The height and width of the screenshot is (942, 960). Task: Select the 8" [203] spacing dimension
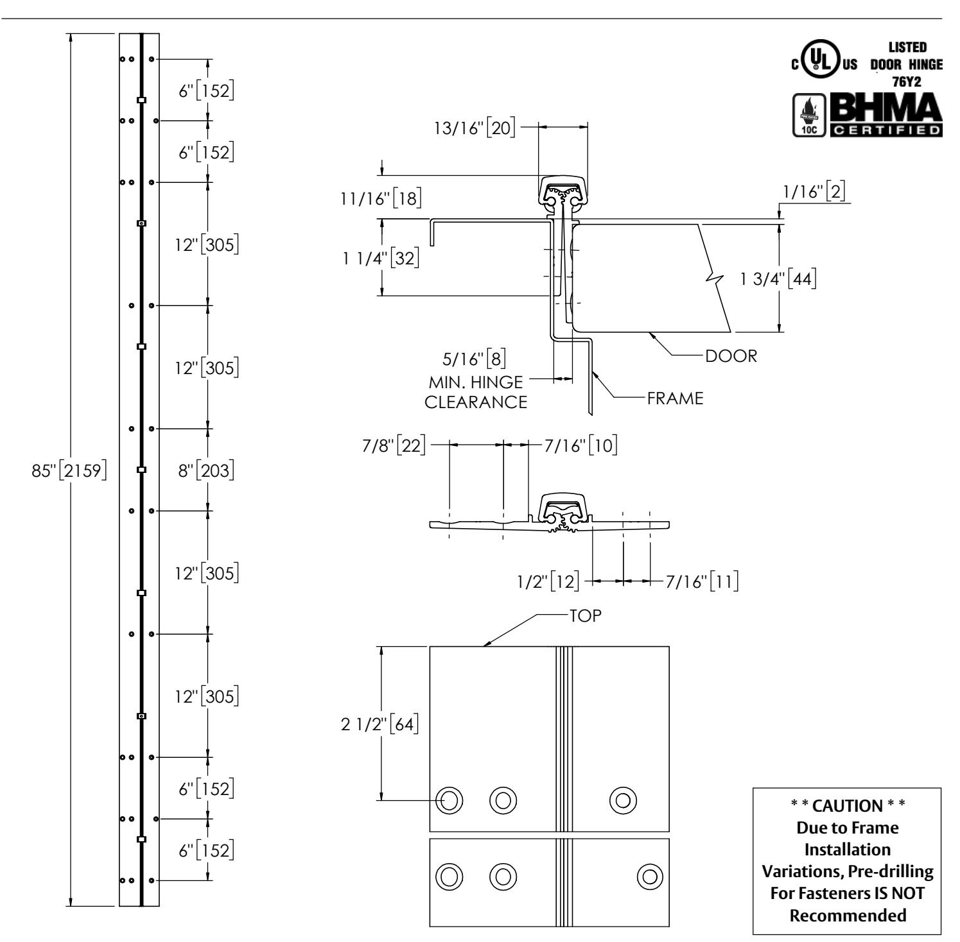click(x=205, y=470)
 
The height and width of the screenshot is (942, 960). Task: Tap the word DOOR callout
click(x=731, y=356)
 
